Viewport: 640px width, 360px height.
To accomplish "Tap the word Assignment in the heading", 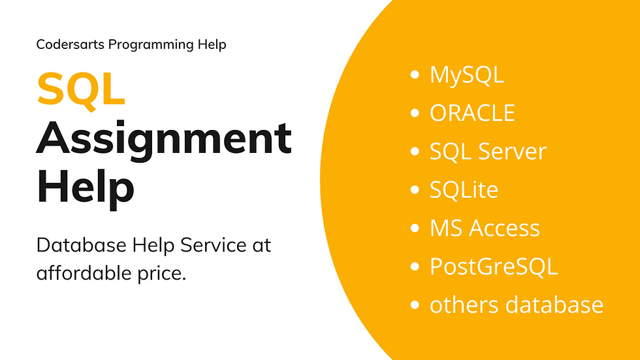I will (x=164, y=139).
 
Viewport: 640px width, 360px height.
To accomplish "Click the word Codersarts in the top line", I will (x=71, y=45).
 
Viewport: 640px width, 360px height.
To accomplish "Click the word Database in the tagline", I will (x=78, y=246).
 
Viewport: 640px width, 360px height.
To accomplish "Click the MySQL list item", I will (x=466, y=75).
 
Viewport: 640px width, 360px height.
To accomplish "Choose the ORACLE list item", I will (x=472, y=113).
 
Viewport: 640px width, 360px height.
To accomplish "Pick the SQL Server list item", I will (x=487, y=152).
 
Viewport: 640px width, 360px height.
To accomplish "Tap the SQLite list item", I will (x=464, y=190).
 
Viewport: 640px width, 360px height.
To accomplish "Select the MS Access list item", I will (x=485, y=228).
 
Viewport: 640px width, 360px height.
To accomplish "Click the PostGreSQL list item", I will (x=493, y=267).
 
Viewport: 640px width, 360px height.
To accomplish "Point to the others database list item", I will (x=516, y=304).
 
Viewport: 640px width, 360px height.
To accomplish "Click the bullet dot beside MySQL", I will (x=414, y=75).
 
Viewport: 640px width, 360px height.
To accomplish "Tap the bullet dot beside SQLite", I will (x=414, y=190).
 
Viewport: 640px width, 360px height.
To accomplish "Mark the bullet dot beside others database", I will (x=414, y=305).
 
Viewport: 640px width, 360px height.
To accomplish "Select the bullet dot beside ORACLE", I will (x=414, y=114).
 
